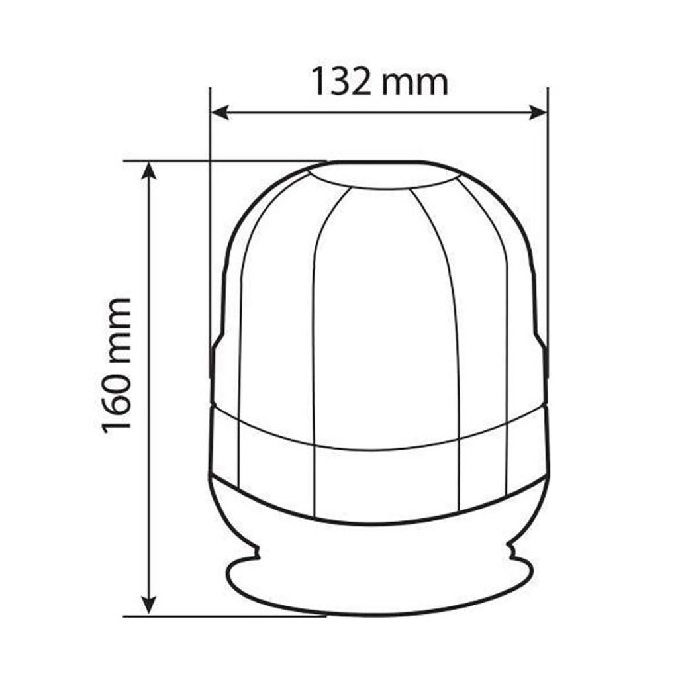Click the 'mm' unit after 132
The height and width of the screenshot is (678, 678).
click(x=415, y=84)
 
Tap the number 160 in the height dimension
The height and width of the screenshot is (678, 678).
click(x=117, y=397)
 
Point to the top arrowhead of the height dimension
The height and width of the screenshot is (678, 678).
click(x=149, y=170)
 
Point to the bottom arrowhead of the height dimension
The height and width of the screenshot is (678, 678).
click(x=149, y=605)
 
